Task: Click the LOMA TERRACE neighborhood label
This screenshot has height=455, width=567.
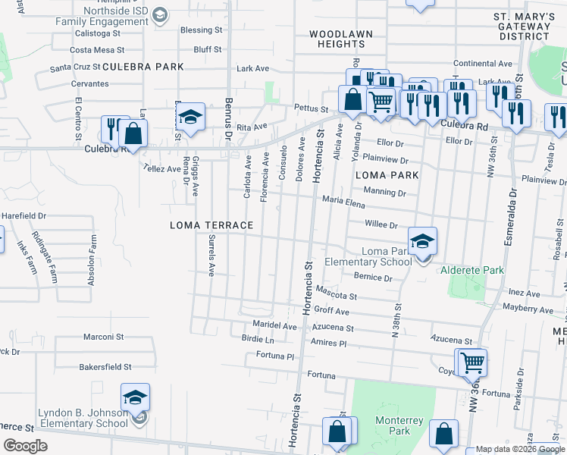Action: pyautogui.click(x=211, y=225)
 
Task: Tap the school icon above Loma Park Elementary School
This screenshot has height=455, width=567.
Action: pyautogui.click(x=422, y=242)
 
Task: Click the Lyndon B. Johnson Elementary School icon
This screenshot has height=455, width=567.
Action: pyautogui.click(x=135, y=398)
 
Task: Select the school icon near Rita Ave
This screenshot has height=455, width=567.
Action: pyautogui.click(x=192, y=118)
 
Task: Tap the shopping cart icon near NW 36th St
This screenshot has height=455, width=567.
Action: pyautogui.click(x=471, y=363)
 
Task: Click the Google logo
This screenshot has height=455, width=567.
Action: pyautogui.click(x=26, y=446)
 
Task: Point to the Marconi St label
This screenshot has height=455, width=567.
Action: pyautogui.click(x=103, y=337)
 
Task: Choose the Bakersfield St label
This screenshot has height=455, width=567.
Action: pyautogui.click(x=105, y=366)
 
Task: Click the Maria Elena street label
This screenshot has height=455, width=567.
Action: pyautogui.click(x=343, y=201)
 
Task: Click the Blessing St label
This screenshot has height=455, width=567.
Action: pyautogui.click(x=201, y=30)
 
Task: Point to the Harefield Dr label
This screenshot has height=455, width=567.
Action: pyautogui.click(x=23, y=215)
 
